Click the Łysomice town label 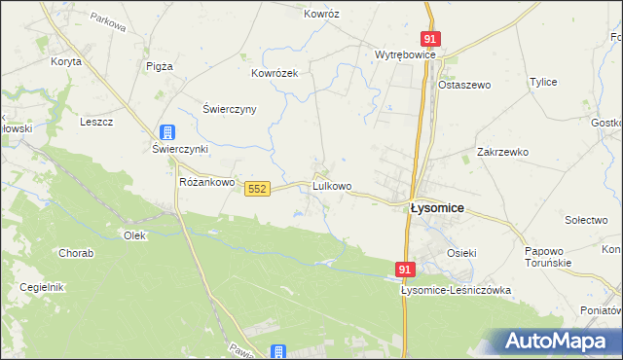pyautogui.click(x=436, y=208)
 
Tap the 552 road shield pyautogui.click(x=257, y=188)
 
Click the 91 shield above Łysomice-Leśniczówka pyautogui.click(x=406, y=268)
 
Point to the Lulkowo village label pyautogui.click(x=331, y=185)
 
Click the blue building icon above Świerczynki pyautogui.click(x=168, y=131)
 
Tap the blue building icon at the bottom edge pyautogui.click(x=278, y=352)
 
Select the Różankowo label pyautogui.click(x=207, y=182)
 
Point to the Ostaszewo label pyautogui.click(x=464, y=85)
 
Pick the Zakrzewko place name pyautogui.click(x=502, y=152)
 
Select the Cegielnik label pyautogui.click(x=41, y=287)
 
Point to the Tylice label pyautogui.click(x=542, y=83)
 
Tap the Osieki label pyautogui.click(x=461, y=253)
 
